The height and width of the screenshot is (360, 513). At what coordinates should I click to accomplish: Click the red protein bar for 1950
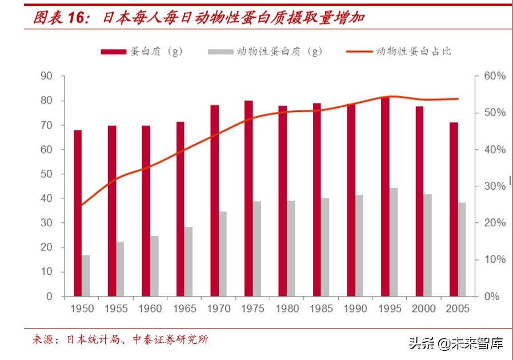click(x=78, y=213)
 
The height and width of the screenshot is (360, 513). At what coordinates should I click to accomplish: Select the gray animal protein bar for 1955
click(x=120, y=269)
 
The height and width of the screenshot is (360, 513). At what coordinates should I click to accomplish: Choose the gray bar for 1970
click(x=223, y=254)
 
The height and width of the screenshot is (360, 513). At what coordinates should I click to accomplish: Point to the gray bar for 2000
click(x=428, y=245)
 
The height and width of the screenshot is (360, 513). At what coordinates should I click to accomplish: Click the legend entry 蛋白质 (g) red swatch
click(x=113, y=52)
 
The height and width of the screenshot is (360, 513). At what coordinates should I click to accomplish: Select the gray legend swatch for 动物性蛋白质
click(x=221, y=52)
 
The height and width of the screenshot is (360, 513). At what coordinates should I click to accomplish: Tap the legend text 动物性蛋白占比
click(x=413, y=51)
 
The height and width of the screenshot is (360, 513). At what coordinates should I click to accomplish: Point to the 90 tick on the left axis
click(x=46, y=77)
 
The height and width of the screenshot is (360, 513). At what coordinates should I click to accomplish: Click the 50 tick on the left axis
click(x=46, y=174)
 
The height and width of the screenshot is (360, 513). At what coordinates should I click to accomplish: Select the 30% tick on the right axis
click(x=495, y=186)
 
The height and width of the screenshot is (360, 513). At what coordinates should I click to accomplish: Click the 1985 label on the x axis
click(x=321, y=309)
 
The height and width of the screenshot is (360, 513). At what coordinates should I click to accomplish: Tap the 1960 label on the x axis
click(x=150, y=309)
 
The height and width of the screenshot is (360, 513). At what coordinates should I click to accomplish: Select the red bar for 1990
click(x=351, y=200)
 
